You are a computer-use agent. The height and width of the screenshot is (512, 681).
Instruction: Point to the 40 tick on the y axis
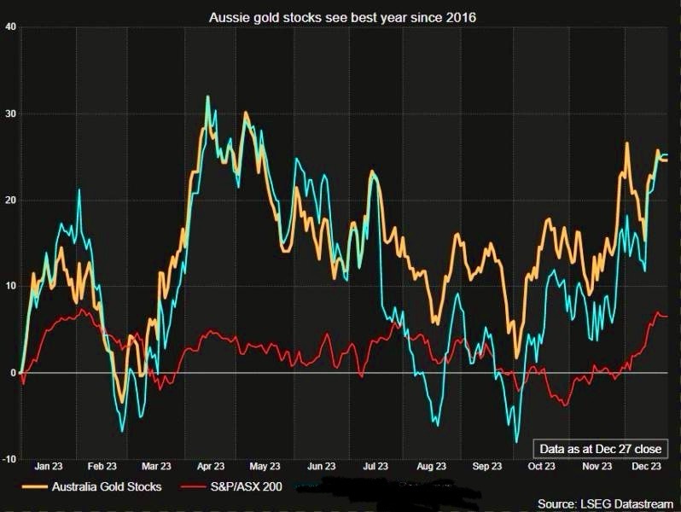point(10,26)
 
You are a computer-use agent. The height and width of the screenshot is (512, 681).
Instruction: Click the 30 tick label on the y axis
point(10,113)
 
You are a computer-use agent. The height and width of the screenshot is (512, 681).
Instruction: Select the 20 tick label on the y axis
point(10,201)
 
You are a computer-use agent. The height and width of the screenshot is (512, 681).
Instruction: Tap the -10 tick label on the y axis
point(9,460)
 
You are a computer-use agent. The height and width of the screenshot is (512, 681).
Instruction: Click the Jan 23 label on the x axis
point(48,467)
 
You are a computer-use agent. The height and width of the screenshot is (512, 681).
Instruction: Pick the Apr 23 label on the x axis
point(210,467)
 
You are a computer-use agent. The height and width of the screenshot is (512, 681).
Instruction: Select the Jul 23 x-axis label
point(376,467)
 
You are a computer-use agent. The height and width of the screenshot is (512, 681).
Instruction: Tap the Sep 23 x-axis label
point(486,467)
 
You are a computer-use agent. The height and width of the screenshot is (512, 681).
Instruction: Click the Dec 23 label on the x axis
point(645,467)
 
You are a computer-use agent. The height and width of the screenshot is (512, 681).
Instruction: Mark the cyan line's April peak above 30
point(207,96)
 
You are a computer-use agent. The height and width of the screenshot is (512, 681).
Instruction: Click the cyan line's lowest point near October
point(516,442)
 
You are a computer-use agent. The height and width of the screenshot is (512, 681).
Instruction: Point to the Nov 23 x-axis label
point(596,467)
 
